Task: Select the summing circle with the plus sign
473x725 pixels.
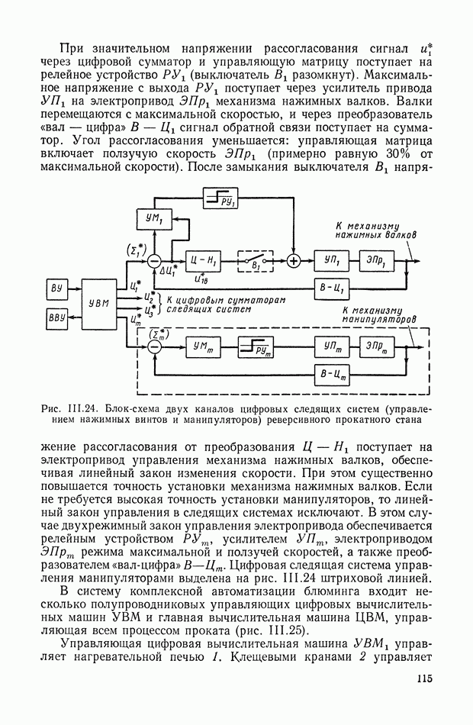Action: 294,261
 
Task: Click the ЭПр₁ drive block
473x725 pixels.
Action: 375,261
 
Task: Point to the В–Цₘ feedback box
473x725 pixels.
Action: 332,373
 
